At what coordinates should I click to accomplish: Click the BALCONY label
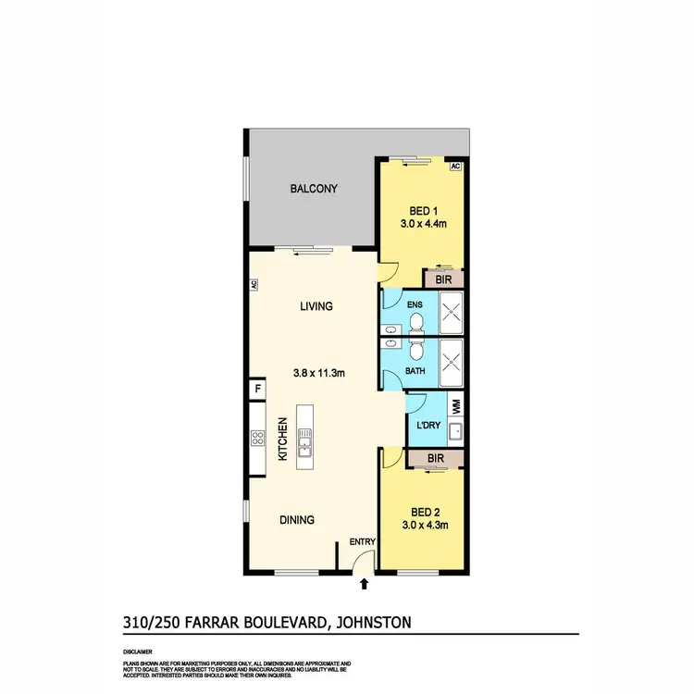pos(314,189)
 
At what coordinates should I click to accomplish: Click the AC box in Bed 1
pos(454,167)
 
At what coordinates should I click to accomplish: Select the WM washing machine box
pos(455,404)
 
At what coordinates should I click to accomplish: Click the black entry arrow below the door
pos(364,584)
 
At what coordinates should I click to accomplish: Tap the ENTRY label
pos(360,542)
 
